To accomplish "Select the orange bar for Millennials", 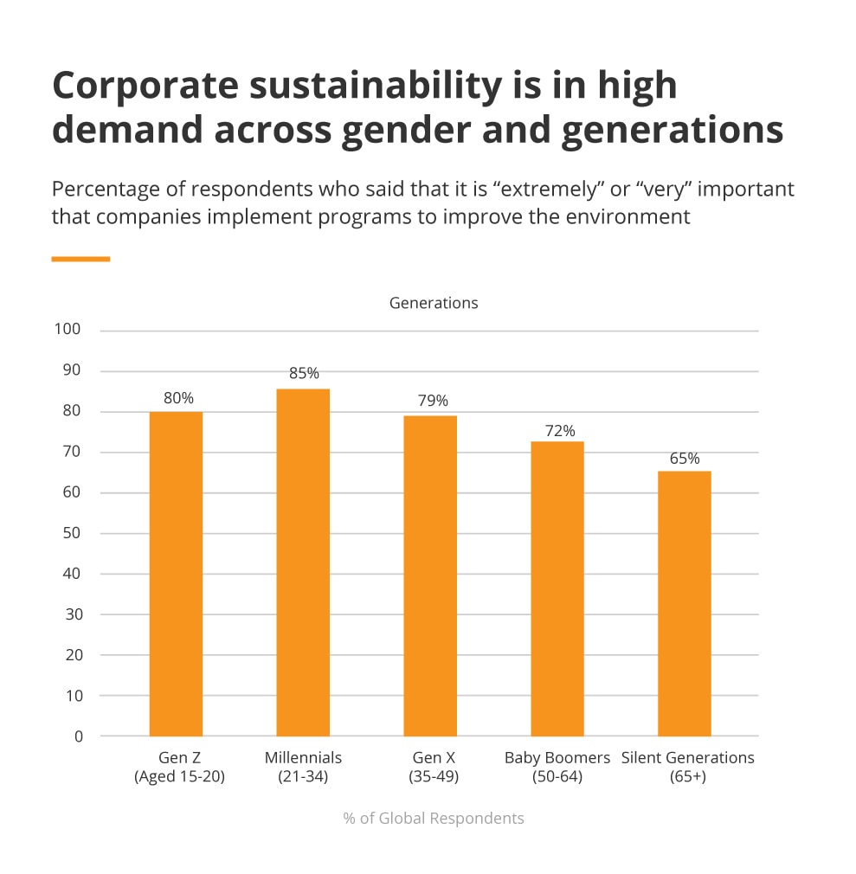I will [303, 562].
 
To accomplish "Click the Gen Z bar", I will [176, 574].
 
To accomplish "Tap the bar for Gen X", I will [430, 575].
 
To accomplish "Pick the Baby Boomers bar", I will [557, 588].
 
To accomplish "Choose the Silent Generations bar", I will [685, 603].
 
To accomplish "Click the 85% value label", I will [304, 374].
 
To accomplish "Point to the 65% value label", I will [685, 459].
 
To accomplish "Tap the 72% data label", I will [559, 431].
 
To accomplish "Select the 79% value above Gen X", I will [432, 401].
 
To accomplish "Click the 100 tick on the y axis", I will [67, 330].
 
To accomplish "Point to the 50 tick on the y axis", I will [70, 533].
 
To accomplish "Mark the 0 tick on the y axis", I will [79, 736].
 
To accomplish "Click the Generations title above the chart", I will [434, 303].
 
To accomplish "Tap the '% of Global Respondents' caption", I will [434, 818].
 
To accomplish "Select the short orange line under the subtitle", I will [80, 258].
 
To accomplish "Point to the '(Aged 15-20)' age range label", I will [179, 777].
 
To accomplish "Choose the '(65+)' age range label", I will [688, 777].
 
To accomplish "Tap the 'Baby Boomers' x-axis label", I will [557, 758].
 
